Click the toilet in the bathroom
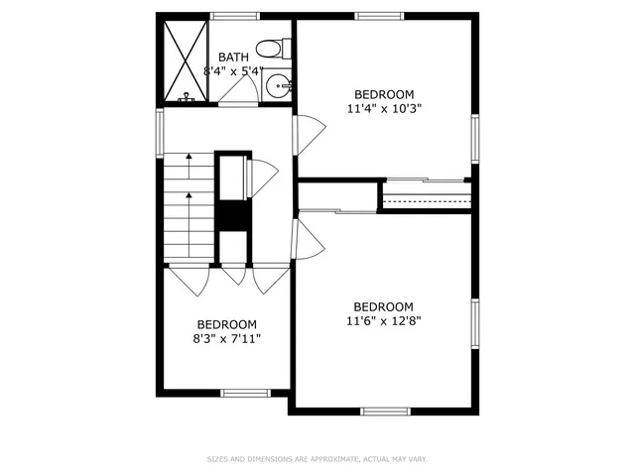[x=271, y=48]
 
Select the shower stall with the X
[x=185, y=59]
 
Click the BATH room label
[x=233, y=58]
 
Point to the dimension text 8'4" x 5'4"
[x=233, y=71]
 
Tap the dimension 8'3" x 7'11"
[x=227, y=338]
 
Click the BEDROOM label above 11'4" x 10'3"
[x=384, y=94]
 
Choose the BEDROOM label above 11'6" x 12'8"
[x=383, y=306]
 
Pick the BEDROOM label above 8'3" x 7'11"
[x=226, y=324]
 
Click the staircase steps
[x=189, y=208]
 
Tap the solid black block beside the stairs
[x=233, y=215]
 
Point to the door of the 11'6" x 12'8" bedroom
[x=309, y=241]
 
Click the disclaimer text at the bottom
[x=317, y=459]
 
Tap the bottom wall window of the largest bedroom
[x=385, y=411]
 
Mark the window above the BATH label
[x=235, y=16]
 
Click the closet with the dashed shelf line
[x=426, y=196]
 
